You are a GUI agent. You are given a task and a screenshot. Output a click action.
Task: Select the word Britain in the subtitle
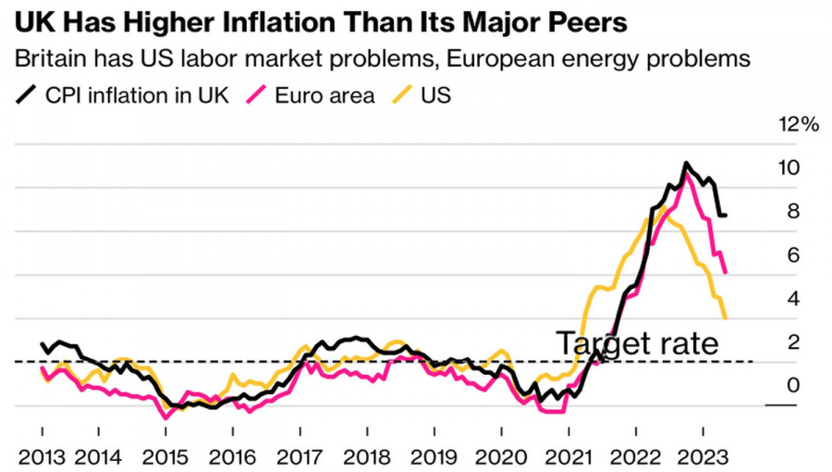pyautogui.click(x=51, y=59)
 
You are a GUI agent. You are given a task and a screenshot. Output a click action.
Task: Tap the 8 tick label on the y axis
pyautogui.click(x=792, y=211)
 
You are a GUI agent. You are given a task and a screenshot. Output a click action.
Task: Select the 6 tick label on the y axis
pyautogui.click(x=792, y=255)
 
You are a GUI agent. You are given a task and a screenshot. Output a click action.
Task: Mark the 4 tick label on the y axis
pyautogui.click(x=792, y=298)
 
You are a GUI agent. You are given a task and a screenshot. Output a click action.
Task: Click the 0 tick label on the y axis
pyautogui.click(x=792, y=385)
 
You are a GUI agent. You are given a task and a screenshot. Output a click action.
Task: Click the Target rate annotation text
pyautogui.click(x=637, y=343)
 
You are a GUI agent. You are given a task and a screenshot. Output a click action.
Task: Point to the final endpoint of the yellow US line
pyautogui.click(x=725, y=317)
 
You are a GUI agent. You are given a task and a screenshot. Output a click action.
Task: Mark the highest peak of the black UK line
pyautogui.click(x=686, y=164)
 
